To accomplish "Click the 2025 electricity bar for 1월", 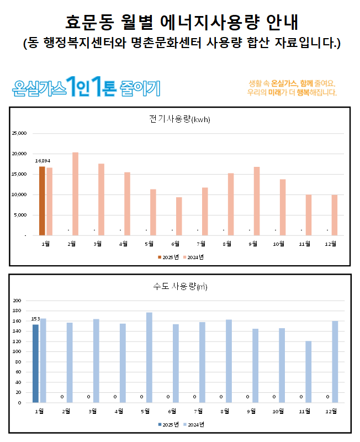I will (42, 201).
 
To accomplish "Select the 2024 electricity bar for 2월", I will (75, 194).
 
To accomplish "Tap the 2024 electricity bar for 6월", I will (179, 216).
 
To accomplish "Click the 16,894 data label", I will (43, 161).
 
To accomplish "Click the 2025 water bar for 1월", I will (35, 364).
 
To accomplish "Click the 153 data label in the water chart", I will (35, 319).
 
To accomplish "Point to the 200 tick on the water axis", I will (17, 301).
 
